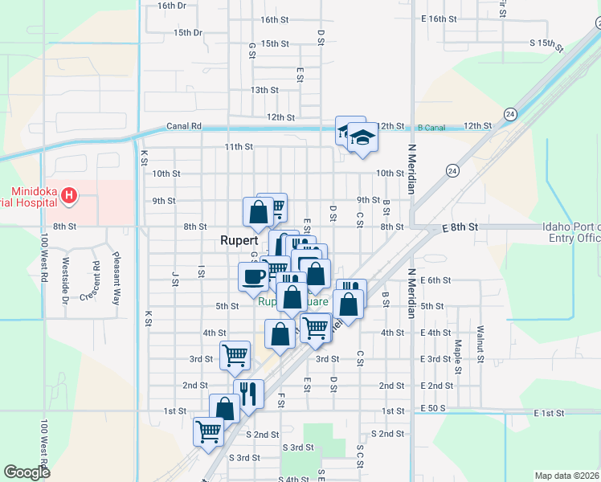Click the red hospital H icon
point(70,194)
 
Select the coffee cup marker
point(253,277)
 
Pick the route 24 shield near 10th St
point(452,170)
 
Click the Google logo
point(27,472)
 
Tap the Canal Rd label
point(183,126)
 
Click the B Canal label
point(431,126)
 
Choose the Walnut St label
point(480,341)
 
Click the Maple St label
point(457,357)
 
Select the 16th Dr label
point(172,6)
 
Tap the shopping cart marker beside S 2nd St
point(209,431)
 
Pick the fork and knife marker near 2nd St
point(248,394)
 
